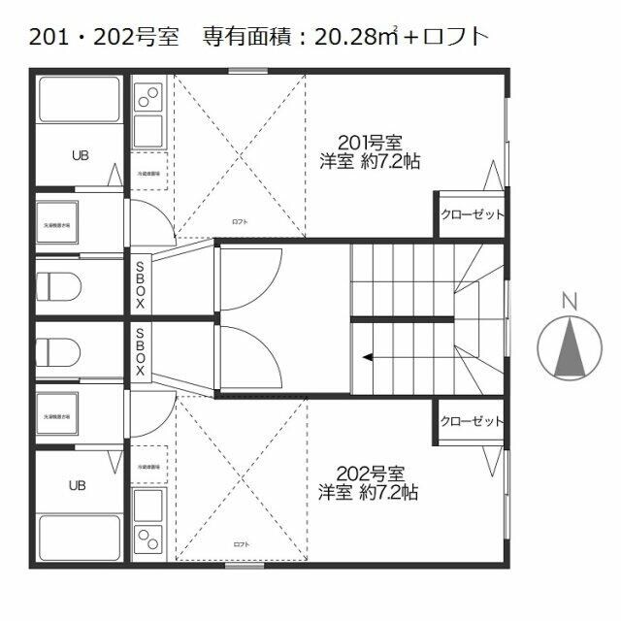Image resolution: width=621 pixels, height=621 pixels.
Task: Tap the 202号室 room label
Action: point(370,474)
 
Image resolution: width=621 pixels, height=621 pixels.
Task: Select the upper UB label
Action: point(80,154)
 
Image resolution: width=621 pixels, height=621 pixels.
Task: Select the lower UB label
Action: point(80,483)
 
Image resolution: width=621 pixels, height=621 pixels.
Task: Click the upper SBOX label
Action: point(140,283)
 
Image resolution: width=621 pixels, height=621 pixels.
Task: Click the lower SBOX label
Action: point(140,351)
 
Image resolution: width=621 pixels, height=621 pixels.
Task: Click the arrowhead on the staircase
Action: point(368,357)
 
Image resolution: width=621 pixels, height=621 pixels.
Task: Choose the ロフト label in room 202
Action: point(240,545)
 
